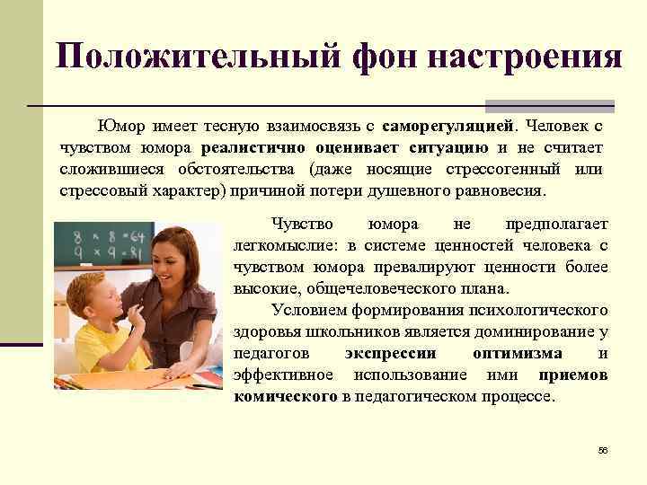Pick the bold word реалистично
253,146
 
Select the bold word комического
286,396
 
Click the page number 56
603,449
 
